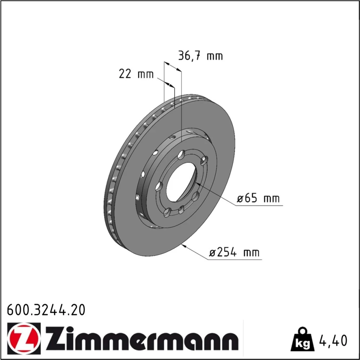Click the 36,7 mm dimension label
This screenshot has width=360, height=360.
click(201, 56)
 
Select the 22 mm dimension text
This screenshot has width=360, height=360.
click(136, 74)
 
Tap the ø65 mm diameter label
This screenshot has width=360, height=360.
click(258, 198)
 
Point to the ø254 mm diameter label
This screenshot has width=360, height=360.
click(234, 252)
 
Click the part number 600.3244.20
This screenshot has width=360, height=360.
click(46, 310)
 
